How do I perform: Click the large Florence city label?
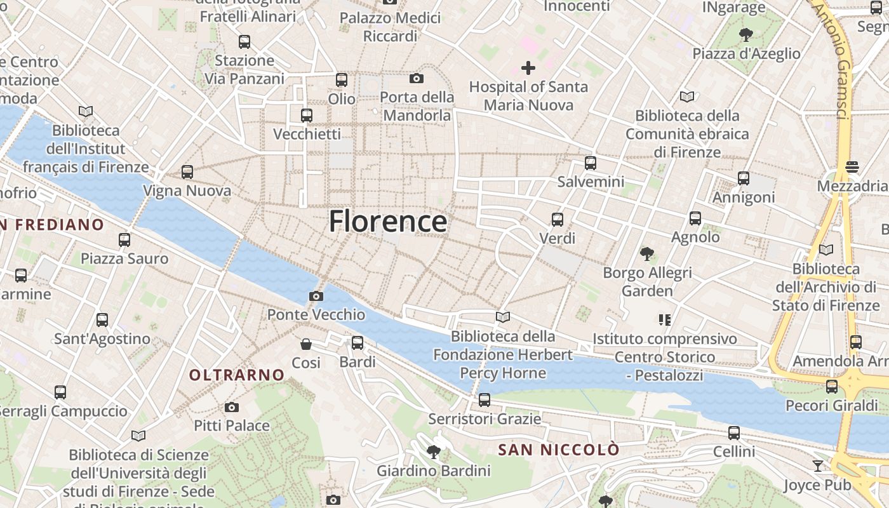[388, 222]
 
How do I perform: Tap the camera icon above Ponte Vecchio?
[316, 296]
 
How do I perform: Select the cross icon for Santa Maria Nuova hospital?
[528, 68]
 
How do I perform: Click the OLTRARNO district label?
[237, 375]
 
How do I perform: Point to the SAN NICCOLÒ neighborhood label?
[558, 450]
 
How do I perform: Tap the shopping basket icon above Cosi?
[306, 344]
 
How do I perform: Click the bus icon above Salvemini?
[591, 163]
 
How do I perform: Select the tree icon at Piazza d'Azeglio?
[746, 35]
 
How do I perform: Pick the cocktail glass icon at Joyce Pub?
[818, 466]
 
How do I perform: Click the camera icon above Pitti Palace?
[232, 407]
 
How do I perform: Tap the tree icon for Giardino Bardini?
[434, 452]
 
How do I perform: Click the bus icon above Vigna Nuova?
[187, 172]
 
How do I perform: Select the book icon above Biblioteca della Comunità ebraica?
[687, 97]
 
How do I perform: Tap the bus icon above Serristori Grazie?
[485, 400]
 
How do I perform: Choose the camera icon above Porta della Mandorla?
[417, 78]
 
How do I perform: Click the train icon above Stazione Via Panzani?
[244, 42]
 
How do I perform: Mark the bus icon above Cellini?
[734, 433]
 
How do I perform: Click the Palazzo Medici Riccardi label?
[390, 27]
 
